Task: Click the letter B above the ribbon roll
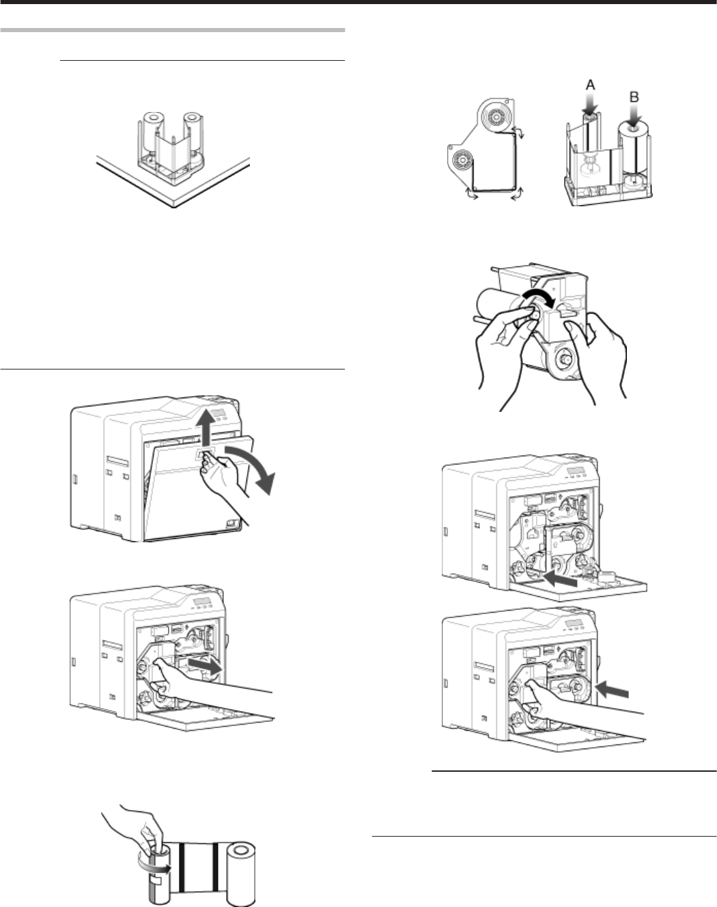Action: click(x=634, y=98)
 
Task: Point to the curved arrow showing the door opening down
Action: click(x=258, y=467)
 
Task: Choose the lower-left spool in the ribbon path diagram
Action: click(x=462, y=161)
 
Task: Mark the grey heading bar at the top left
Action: click(x=171, y=31)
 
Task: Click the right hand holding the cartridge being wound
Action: click(x=601, y=355)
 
